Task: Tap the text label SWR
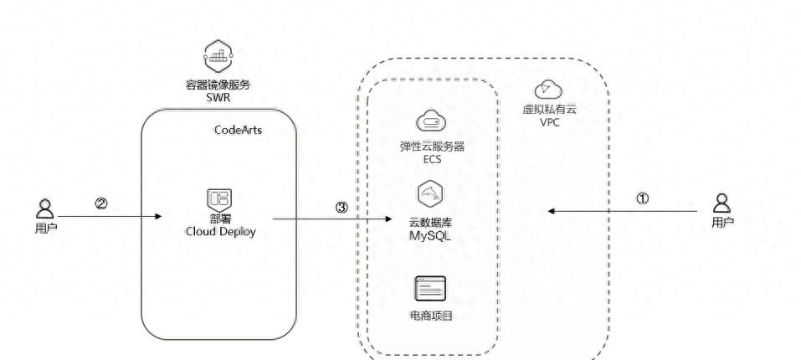click(218, 97)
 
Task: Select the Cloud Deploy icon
click(218, 199)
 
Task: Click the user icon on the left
click(45, 208)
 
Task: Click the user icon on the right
click(722, 203)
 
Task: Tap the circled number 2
click(101, 203)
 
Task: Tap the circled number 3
click(341, 207)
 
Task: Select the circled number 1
click(642, 198)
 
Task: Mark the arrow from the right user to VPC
click(623, 212)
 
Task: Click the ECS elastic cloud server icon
click(431, 121)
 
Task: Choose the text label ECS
click(431, 158)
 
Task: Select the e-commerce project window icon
click(430, 289)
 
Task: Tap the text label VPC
click(550, 122)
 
